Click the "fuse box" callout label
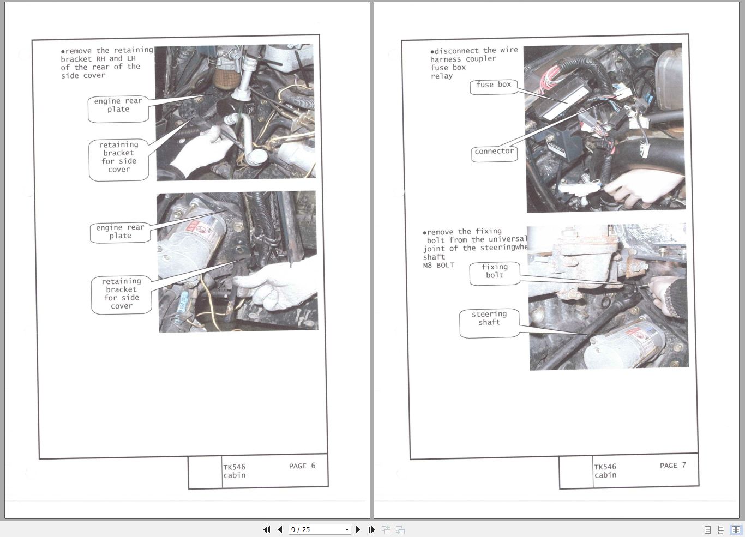tap(494, 85)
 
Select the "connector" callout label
tap(494, 152)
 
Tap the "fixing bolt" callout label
tap(495, 271)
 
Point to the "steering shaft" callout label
tap(489, 319)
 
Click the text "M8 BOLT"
tap(438, 266)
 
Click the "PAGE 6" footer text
tap(302, 466)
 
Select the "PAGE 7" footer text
tap(672, 466)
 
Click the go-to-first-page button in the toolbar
tap(267, 529)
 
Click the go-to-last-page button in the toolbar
tap(371, 529)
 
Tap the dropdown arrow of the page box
tap(347, 529)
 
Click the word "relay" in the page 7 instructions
tap(442, 76)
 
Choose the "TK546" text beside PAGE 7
tap(605, 467)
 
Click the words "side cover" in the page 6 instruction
tap(83, 76)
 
